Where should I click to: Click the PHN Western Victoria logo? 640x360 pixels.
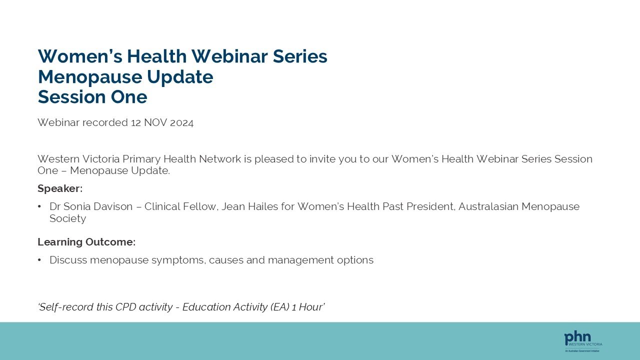point(583,340)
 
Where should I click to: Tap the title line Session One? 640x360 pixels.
point(92,97)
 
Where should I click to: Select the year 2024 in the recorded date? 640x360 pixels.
point(181,122)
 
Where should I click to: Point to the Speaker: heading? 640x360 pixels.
point(60,188)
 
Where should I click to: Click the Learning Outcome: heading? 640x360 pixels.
point(86,242)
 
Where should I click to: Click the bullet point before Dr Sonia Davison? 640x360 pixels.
point(39,206)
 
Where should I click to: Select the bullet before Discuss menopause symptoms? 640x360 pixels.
point(39,260)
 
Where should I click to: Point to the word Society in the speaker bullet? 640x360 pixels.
point(67,218)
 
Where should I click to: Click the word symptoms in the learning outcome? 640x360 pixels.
point(178,260)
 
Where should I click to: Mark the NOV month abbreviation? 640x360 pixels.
point(155,122)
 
